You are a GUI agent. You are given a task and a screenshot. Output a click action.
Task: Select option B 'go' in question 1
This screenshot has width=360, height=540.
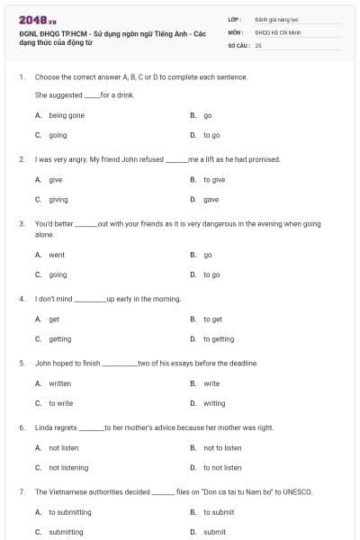[207, 115]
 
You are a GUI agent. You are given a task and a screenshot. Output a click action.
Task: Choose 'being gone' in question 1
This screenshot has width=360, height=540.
[66, 115]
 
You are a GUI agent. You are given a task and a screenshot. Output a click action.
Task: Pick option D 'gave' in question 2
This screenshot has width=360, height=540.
[211, 199]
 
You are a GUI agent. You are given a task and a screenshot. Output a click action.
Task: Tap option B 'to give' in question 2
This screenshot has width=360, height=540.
[213, 179]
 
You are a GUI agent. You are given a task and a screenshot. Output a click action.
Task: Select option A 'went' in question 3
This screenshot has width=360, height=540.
[57, 255]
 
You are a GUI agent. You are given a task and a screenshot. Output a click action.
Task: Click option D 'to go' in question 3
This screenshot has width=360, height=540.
[211, 274]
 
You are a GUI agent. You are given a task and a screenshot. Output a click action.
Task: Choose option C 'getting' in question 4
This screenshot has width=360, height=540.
[59, 339]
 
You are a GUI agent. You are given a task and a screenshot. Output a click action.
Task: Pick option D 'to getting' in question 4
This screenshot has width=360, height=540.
[218, 339]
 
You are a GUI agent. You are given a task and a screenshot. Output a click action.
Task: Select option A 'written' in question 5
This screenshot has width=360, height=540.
[59, 383]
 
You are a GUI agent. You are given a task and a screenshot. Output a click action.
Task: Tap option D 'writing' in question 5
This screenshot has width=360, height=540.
[214, 403]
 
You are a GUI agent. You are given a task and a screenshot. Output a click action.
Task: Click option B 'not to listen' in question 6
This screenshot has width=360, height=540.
[221, 447]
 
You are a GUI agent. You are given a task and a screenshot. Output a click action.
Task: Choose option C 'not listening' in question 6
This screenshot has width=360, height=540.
[68, 467]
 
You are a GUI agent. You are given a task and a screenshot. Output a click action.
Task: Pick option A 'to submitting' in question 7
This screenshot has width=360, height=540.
[69, 512]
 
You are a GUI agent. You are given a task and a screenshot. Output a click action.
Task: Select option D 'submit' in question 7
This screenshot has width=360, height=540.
[214, 532]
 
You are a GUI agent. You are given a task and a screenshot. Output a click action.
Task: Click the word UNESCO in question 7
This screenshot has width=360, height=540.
[296, 492]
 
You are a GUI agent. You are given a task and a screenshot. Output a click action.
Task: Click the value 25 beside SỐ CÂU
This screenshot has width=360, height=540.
[258, 44]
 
